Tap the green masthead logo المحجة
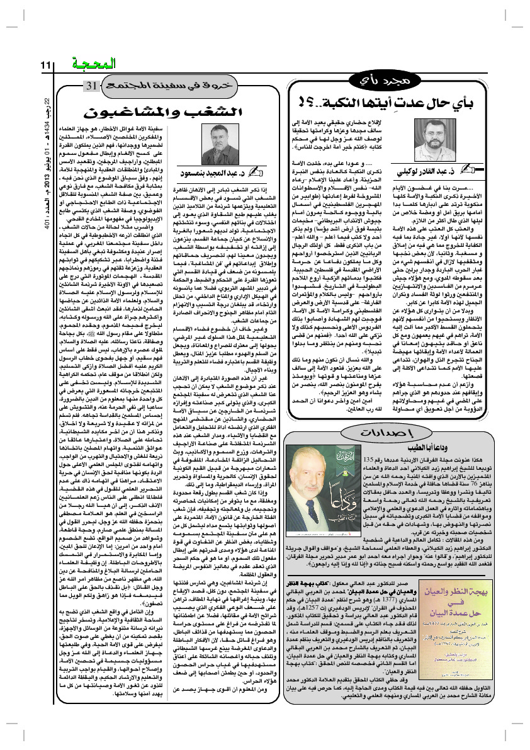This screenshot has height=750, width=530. click(x=93, y=64)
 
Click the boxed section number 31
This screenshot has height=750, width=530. click(x=91, y=85)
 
